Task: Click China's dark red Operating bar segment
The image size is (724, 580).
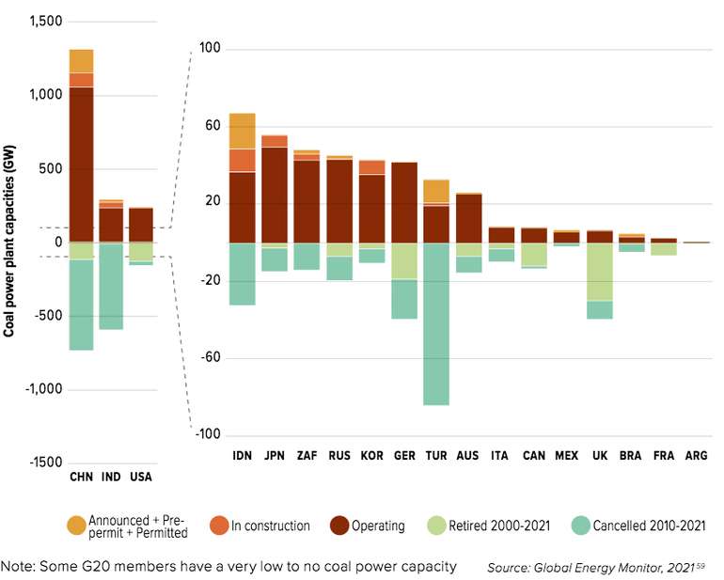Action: pyautogui.click(x=81, y=165)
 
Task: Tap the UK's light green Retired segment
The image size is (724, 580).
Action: pyautogui.click(x=599, y=272)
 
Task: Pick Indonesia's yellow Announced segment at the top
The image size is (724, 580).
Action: pyautogui.click(x=243, y=131)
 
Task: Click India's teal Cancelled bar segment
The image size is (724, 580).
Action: pyautogui.click(x=111, y=287)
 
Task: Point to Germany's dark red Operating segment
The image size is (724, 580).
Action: pyautogui.click(x=404, y=202)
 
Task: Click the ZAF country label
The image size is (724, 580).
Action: pyautogui.click(x=307, y=456)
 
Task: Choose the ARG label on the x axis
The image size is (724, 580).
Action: pyautogui.click(x=697, y=456)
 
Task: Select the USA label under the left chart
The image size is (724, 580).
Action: pyautogui.click(x=141, y=477)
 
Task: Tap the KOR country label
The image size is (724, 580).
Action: pyautogui.click(x=371, y=456)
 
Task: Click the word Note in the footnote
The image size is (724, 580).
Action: pyautogui.click(x=16, y=566)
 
